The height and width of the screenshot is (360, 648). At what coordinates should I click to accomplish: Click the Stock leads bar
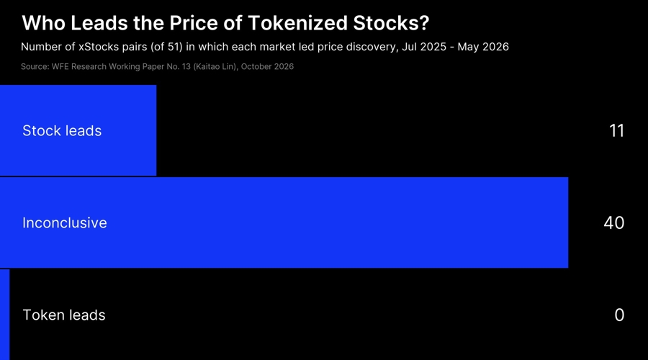[78, 130]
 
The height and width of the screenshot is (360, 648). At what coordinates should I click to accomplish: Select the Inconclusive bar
[284, 222]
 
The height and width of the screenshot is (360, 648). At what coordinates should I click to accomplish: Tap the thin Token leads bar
[4, 315]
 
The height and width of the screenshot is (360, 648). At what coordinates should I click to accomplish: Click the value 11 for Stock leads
[616, 130]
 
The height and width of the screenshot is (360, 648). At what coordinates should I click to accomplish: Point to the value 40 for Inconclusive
[613, 222]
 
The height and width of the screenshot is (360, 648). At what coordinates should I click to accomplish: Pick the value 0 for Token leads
[619, 315]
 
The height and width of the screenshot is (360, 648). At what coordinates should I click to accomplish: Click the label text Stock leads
[62, 130]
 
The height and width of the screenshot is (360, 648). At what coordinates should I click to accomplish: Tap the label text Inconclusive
[65, 222]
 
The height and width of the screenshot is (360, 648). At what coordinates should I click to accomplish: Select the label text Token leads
[63, 315]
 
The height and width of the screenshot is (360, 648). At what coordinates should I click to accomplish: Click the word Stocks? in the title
[391, 23]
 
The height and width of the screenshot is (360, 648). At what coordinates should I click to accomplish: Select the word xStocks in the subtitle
[99, 47]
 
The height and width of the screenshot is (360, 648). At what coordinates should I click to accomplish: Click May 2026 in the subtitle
[483, 47]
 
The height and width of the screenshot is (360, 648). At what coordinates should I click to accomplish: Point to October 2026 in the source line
[267, 66]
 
